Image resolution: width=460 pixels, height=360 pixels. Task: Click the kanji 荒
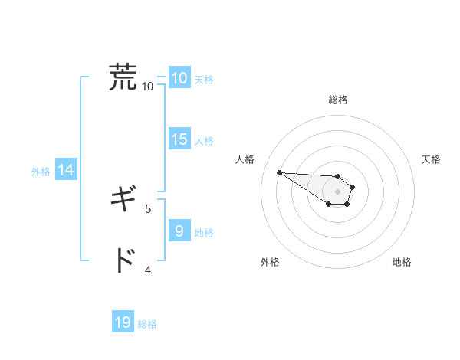(x=123, y=77)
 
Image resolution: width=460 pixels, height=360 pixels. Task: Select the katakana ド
(x=123, y=261)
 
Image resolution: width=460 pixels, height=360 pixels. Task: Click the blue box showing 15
(x=179, y=139)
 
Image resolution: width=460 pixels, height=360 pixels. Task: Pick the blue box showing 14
(x=66, y=171)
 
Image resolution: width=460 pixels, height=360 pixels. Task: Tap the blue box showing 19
(x=123, y=322)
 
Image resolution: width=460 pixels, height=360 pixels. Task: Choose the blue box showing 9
(x=179, y=231)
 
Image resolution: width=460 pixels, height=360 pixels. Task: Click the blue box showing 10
(x=179, y=78)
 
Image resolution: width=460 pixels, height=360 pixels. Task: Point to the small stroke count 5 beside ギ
(x=148, y=208)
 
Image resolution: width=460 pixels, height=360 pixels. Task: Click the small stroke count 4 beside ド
(x=148, y=269)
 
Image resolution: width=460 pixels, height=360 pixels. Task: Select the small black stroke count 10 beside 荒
(x=148, y=86)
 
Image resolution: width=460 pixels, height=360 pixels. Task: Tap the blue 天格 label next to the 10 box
(x=204, y=79)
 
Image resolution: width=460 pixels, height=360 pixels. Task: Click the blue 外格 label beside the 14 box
(x=41, y=172)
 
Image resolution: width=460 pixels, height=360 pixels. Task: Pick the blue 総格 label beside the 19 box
(x=147, y=324)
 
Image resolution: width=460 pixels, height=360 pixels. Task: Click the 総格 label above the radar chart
(x=338, y=100)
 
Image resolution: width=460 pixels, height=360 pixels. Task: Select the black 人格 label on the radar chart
(x=245, y=159)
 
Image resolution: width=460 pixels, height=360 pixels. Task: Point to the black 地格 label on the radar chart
(x=402, y=262)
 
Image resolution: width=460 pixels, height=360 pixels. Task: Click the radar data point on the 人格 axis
(x=279, y=172)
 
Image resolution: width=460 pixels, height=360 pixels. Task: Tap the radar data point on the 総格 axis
(x=338, y=176)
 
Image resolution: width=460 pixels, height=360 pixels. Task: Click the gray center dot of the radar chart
(x=338, y=191)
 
